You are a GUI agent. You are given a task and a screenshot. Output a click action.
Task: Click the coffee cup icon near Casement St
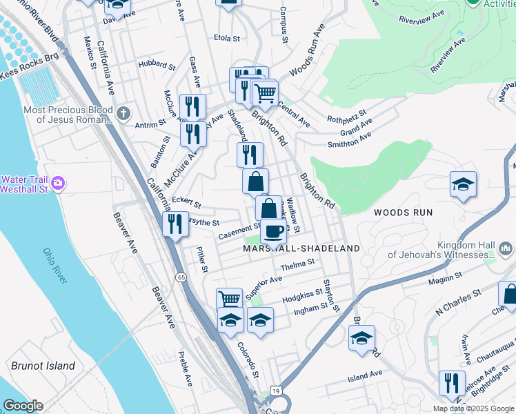273,230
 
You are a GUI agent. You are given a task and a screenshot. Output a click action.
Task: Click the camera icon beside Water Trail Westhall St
59,183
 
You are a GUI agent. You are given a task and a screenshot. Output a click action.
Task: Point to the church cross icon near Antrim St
123,112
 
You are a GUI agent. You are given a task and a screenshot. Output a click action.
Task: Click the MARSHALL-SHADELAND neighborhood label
301,248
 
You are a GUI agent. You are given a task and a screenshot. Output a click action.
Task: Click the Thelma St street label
297,263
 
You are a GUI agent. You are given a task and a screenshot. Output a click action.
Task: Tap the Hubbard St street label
157,66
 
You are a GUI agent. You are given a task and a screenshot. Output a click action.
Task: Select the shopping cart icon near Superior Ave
229,299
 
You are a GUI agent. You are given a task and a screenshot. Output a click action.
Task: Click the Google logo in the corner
23,405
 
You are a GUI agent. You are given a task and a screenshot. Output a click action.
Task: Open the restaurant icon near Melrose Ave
452,383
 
